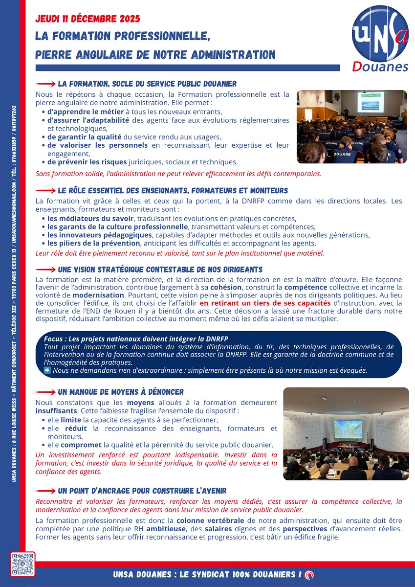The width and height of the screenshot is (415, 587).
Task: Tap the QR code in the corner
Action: [x=23, y=564]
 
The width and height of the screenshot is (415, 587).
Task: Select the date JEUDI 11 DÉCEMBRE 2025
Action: [x=88, y=19]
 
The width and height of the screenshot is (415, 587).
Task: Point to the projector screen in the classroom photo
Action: [x=370, y=102]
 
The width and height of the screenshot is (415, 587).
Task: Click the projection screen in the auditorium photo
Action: [x=348, y=429]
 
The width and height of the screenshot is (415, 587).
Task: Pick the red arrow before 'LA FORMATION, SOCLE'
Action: [x=45, y=84]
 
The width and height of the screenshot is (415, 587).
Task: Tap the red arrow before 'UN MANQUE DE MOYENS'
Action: [x=45, y=392]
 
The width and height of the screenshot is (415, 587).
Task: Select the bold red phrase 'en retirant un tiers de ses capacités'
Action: [x=265, y=303]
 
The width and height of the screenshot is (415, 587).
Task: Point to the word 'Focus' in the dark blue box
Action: [x=53, y=339]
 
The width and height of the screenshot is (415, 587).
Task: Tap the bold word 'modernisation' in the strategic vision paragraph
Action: [x=98, y=295]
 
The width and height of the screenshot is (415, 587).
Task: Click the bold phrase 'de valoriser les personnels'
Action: [x=97, y=145]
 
